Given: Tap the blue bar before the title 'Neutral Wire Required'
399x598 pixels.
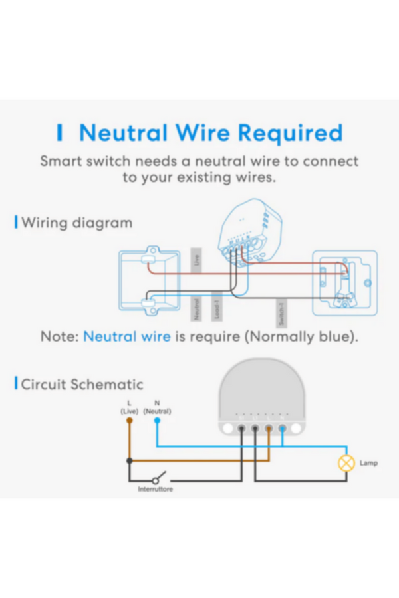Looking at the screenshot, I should (x=60, y=133).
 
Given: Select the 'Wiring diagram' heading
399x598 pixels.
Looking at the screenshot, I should (x=76, y=223).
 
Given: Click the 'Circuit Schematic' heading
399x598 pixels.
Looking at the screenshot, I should (x=82, y=384).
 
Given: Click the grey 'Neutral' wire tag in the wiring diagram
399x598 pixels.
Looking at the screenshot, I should (x=196, y=308).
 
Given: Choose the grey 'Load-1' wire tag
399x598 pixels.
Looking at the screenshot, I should (x=217, y=306).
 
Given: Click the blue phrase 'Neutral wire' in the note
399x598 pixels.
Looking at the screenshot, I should (x=127, y=336).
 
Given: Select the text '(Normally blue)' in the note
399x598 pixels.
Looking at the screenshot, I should (x=301, y=336).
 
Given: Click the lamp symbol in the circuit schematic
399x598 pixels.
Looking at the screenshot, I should (x=346, y=463).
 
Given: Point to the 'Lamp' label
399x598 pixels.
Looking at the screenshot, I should (x=368, y=463).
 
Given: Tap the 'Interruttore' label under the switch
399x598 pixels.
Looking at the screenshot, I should (x=155, y=489).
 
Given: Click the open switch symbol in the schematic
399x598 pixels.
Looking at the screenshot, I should (x=158, y=478).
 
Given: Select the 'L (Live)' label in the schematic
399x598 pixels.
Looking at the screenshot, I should (x=129, y=407).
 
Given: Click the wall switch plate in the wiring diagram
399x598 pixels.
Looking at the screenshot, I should (x=344, y=283).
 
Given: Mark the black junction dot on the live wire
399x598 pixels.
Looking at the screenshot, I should (x=129, y=460).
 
